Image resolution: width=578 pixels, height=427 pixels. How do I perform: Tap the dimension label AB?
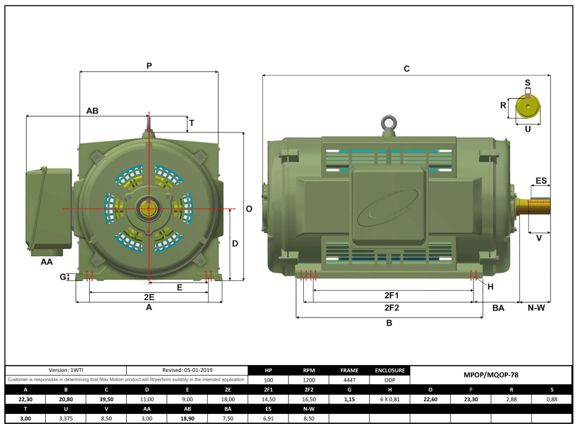pos(92,111)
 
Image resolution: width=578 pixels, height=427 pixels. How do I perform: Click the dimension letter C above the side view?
pos(407,69)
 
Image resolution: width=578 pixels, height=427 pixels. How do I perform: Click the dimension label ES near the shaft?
pos(541,181)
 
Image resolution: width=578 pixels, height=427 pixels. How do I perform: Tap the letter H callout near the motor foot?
pos(491,286)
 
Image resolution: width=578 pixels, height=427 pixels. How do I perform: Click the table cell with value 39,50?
pos(106,400)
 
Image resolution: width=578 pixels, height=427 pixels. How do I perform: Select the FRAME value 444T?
pos(348,380)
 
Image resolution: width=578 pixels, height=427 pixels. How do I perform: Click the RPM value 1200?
pos(308,380)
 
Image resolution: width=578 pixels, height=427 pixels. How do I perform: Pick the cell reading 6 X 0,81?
pos(389,400)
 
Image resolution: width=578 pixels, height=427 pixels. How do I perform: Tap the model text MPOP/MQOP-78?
pos(491,375)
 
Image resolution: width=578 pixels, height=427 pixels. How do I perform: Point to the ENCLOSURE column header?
pos(389,370)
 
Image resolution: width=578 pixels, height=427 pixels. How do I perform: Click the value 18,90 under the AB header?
pos(187,419)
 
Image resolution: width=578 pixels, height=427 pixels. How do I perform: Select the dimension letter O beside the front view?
pos(249,209)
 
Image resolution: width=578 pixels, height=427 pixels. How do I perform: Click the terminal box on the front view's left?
pos(48,208)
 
